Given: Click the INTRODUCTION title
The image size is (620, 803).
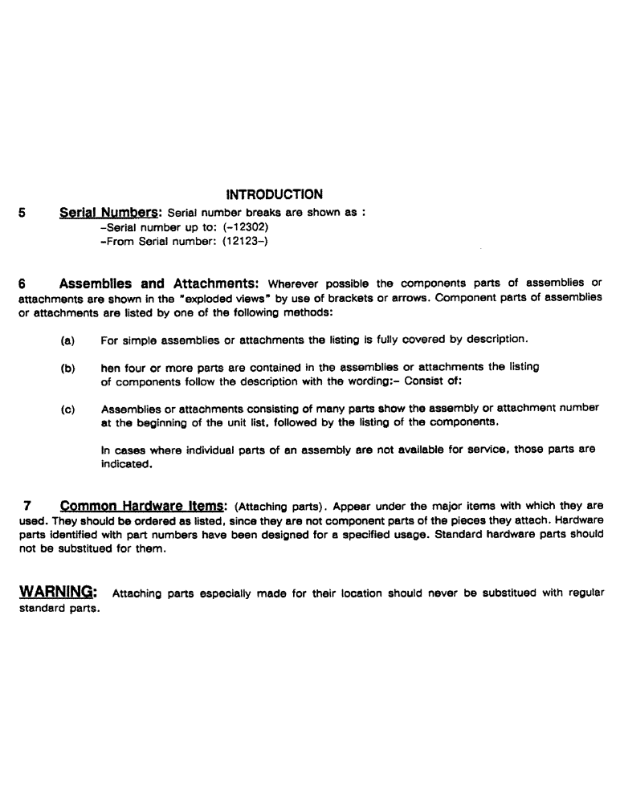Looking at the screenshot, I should (275, 194).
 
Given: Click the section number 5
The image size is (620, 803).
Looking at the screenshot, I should (22, 214).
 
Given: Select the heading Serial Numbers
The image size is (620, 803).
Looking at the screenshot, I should (111, 214).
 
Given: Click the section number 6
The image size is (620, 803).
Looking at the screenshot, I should (22, 283).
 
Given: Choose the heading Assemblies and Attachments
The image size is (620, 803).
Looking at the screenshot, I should (157, 283).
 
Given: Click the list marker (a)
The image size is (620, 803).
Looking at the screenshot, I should (68, 340).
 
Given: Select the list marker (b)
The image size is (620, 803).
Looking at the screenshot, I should (68, 368).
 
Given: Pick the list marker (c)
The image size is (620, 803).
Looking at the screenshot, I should (68, 409).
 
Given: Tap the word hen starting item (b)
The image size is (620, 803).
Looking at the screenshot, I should (111, 368).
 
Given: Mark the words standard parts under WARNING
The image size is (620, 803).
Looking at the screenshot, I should (59, 608).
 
